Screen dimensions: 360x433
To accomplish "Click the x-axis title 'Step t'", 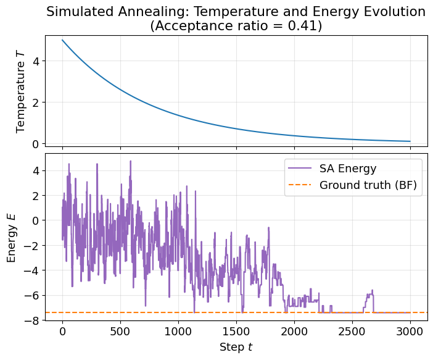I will pos(236,347).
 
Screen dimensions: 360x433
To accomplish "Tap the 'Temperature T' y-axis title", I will pos(21,91).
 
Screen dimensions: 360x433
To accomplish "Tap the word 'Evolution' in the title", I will pos(392,12).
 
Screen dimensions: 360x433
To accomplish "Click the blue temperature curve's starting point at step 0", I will pos(62,40).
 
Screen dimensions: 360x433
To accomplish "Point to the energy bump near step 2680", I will pos(372,292).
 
